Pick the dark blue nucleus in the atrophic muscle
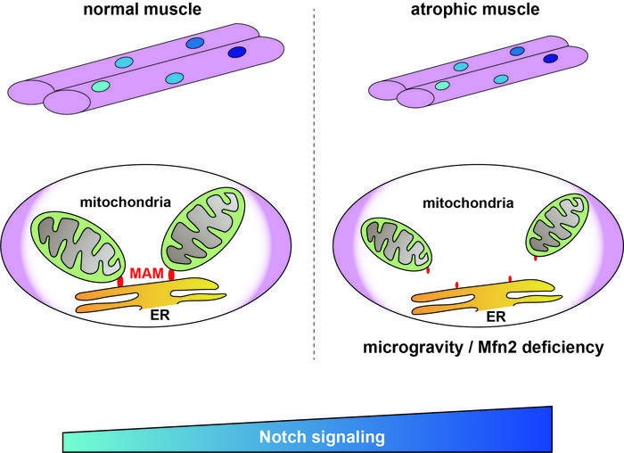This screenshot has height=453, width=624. [551, 60]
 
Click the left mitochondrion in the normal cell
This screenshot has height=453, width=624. [77, 243]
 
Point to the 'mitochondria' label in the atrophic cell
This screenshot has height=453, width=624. [469, 202]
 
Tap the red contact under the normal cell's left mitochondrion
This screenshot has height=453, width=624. [119, 281]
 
